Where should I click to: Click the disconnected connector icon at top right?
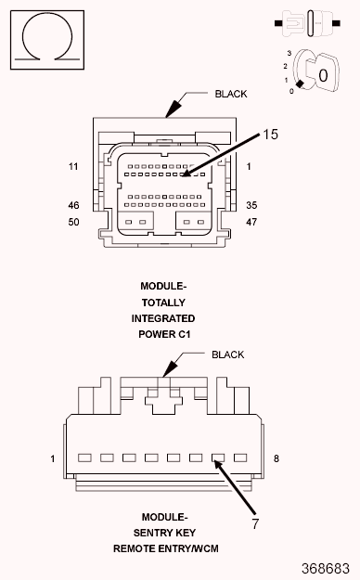[307, 23]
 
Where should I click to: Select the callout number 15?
[270, 135]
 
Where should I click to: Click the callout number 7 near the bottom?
[255, 523]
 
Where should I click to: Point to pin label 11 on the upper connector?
[73, 166]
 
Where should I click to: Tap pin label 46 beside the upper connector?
[73, 205]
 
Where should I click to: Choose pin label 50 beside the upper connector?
[73, 222]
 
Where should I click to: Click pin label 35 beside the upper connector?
[251, 205]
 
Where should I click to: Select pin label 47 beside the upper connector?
[251, 222]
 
